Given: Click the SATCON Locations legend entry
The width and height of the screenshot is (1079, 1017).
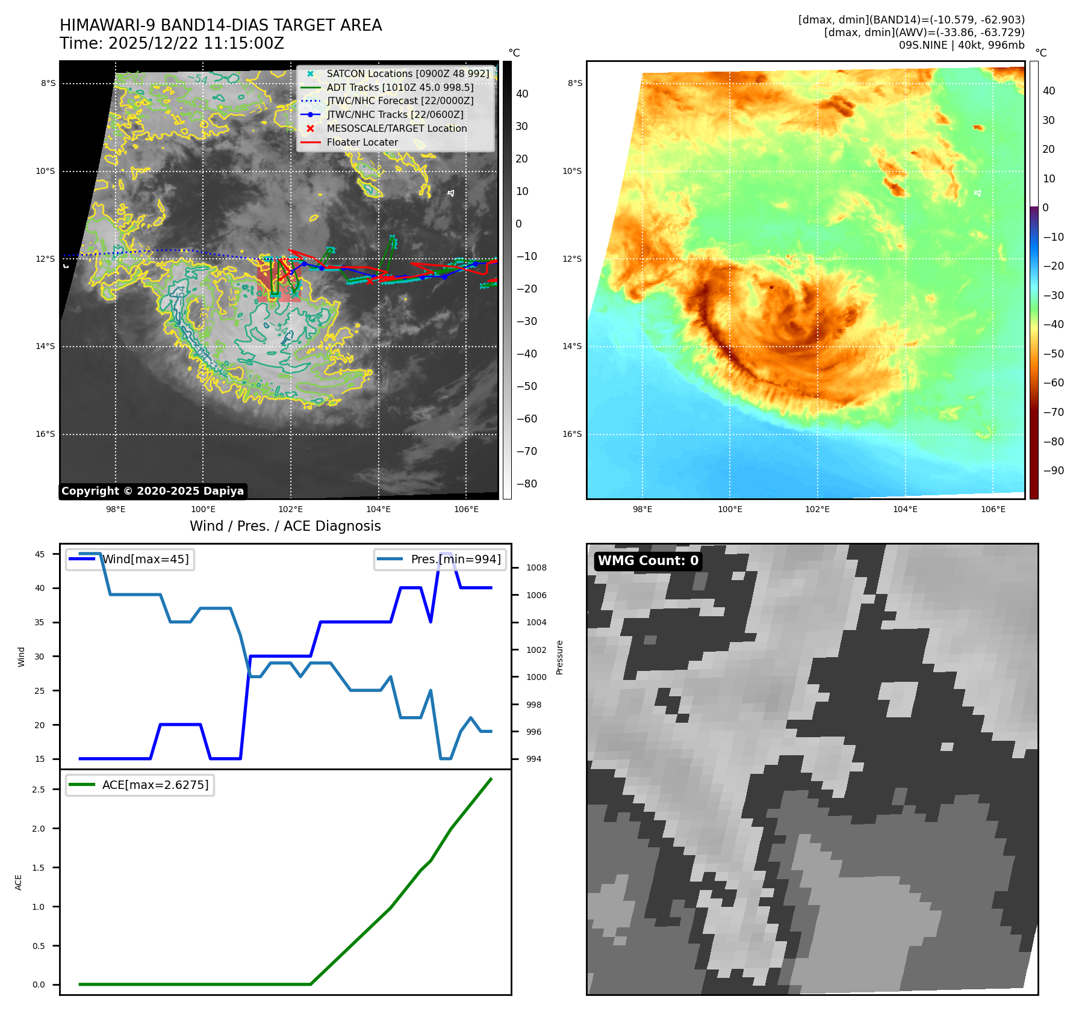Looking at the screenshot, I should [x=407, y=73].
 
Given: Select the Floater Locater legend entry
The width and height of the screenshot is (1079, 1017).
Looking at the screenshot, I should [x=362, y=143].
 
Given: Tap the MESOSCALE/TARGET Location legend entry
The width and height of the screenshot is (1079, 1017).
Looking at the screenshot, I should [x=396, y=129].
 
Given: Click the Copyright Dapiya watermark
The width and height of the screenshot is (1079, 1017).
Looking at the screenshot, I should [x=153, y=491].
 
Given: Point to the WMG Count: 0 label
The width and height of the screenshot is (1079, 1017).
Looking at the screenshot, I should [x=648, y=561].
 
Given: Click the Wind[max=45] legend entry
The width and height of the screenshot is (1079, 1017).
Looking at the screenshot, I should [x=145, y=559].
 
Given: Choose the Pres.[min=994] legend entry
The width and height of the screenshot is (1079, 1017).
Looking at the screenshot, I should [x=455, y=559].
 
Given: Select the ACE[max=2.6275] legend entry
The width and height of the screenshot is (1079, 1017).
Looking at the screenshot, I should [x=155, y=785].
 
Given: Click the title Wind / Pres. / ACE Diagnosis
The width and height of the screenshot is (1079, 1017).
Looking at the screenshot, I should [x=285, y=526].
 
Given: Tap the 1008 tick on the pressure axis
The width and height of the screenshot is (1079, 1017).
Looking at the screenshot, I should [x=536, y=567].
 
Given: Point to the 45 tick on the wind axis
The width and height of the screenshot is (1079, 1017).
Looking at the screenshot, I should [x=40, y=554].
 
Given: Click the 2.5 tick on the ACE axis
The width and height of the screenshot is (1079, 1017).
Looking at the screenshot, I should [x=39, y=790].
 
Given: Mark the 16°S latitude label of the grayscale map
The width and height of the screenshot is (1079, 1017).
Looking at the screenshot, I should [x=45, y=434].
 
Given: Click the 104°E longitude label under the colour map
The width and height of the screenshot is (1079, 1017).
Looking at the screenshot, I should [x=905, y=509].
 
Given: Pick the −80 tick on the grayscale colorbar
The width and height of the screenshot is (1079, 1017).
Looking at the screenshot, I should [x=526, y=484].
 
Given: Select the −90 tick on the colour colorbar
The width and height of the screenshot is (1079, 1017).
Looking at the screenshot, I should [x=1053, y=471].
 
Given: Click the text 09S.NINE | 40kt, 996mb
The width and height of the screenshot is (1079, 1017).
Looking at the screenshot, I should [x=962, y=45].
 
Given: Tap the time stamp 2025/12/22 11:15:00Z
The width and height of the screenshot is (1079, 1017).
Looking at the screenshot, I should [x=196, y=43].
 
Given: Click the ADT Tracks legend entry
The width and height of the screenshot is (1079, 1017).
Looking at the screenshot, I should [x=400, y=87].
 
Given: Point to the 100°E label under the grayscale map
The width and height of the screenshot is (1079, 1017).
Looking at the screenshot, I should [x=203, y=509].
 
